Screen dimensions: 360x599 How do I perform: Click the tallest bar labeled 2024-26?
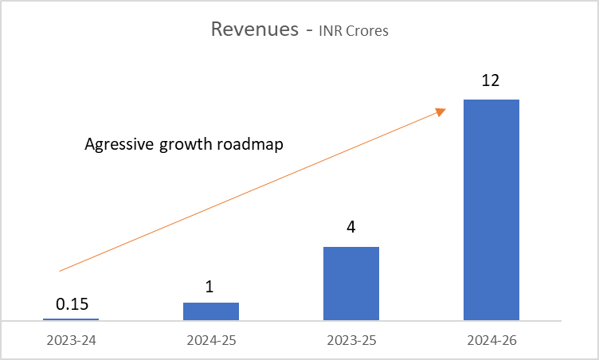click(x=491, y=209)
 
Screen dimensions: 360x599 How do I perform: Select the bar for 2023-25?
click(x=351, y=284)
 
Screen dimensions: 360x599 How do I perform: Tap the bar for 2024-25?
click(x=211, y=311)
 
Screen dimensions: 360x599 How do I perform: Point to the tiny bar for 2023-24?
click(x=71, y=319)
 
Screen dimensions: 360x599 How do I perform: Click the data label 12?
click(x=491, y=80)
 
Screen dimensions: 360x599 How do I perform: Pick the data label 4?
click(x=350, y=228)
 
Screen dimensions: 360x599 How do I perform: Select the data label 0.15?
click(x=71, y=303)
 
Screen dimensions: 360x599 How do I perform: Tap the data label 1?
click(x=210, y=285)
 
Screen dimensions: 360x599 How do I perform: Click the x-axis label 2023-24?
click(x=71, y=341)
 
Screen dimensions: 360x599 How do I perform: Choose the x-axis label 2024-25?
click(x=211, y=341)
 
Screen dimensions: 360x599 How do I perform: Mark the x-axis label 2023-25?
click(x=351, y=341)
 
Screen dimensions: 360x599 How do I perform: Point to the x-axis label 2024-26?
click(x=491, y=341)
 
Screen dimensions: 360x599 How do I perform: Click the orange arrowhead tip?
click(x=444, y=110)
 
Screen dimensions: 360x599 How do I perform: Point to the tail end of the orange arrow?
click(x=61, y=271)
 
